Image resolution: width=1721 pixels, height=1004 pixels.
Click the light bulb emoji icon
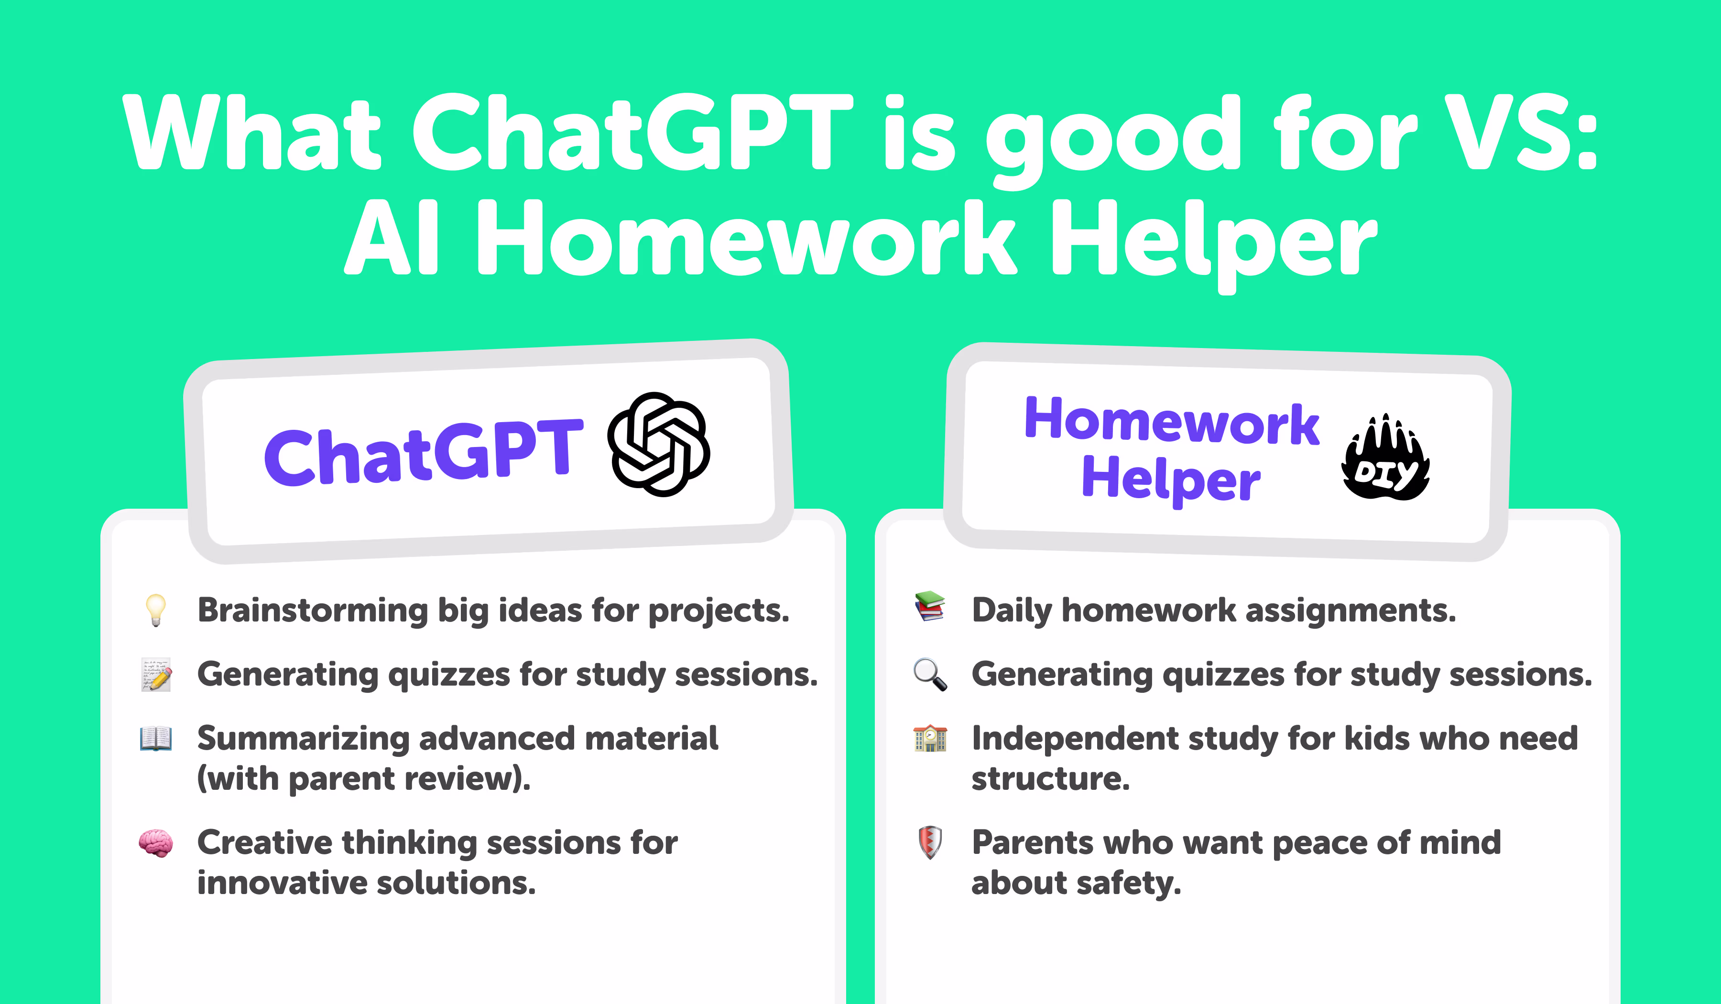[156, 609]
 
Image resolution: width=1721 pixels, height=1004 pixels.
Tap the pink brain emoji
[156, 843]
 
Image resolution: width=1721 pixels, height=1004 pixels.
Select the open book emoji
[156, 738]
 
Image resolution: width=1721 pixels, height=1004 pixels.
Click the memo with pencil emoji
[156, 675]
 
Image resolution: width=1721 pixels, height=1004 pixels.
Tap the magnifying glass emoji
[930, 675]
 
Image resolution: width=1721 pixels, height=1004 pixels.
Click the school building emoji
[930, 738]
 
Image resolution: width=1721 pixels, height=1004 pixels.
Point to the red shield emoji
[930, 842]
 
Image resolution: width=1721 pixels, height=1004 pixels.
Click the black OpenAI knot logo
[658, 444]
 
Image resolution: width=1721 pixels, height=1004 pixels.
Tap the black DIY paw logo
[1386, 458]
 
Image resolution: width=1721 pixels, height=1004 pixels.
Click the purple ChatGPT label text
[424, 452]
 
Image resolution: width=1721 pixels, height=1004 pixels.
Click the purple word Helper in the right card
[1171, 480]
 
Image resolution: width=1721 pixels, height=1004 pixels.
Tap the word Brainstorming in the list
[312, 610]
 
